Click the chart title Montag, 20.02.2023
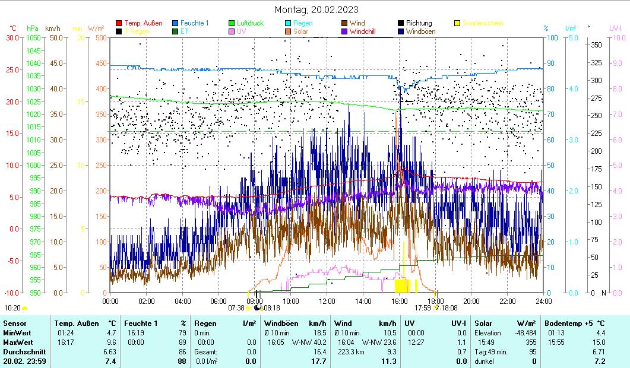click(316, 9)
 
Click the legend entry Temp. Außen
click(143, 23)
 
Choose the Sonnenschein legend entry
click(483, 23)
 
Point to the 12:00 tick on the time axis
click(327, 301)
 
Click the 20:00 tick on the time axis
click(471, 301)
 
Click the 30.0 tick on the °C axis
click(12, 37)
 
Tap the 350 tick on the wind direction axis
click(596, 45)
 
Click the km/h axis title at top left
click(52, 28)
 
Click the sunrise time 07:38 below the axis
click(236, 308)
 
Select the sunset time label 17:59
click(422, 308)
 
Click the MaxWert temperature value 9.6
click(111, 342)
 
